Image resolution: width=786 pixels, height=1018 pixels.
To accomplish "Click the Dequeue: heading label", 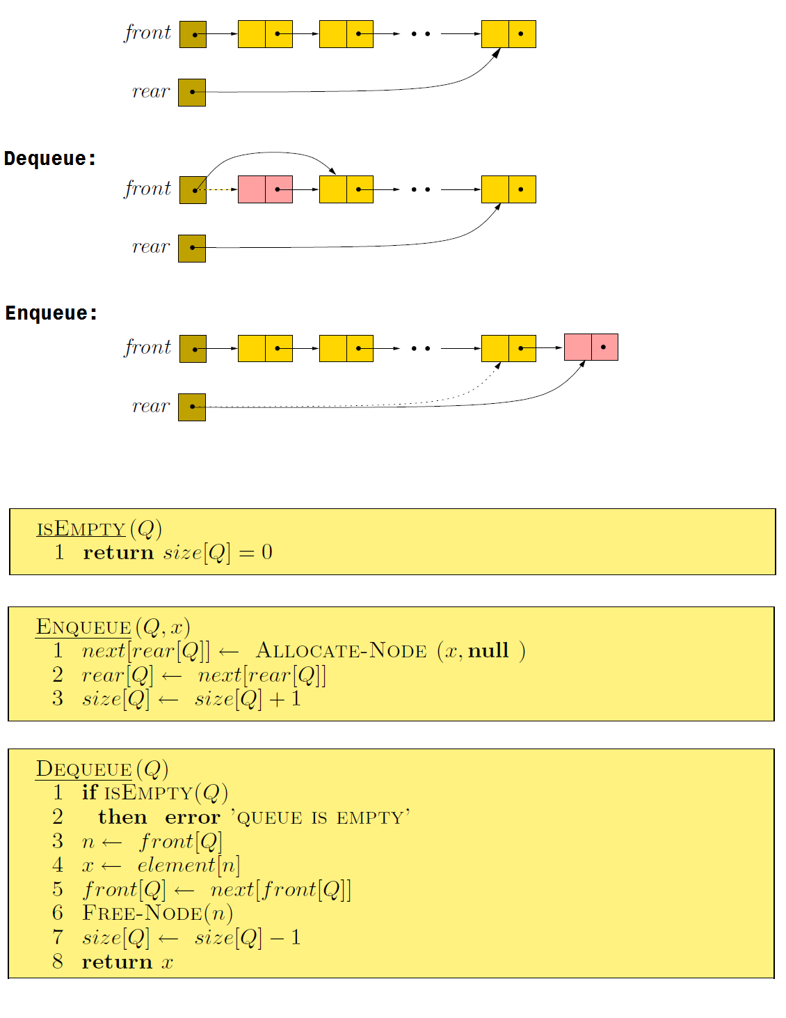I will click(49, 159).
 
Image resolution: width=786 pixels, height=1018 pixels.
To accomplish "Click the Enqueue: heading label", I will click(51, 313).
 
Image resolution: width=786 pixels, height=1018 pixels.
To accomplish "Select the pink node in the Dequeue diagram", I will click(265, 189).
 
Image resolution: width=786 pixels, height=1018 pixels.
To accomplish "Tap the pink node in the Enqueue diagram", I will click(591, 347).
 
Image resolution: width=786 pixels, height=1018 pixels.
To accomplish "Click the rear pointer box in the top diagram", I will click(192, 92).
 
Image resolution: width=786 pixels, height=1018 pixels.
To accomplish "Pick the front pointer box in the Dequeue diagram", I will click(193, 189).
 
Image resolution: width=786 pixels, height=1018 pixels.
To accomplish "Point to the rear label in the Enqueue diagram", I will click(151, 406).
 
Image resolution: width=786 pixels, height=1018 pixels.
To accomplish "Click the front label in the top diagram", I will click(147, 33).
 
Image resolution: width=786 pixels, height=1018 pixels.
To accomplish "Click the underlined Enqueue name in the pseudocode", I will click(83, 627).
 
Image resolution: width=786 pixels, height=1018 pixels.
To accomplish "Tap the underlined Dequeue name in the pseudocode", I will click(83, 769).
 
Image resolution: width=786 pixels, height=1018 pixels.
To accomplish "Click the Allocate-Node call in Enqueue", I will click(341, 650).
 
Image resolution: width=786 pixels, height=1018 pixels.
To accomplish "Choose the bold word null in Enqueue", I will click(488, 650).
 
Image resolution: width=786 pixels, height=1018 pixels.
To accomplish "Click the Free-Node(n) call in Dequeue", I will click(157, 913).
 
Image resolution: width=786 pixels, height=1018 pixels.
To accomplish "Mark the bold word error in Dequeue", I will click(193, 817).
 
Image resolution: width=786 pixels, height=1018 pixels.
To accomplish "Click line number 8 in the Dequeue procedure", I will click(58, 962).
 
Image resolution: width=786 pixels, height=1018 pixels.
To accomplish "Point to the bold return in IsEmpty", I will click(118, 553).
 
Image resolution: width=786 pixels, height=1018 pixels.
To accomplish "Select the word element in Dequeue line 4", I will click(177, 865).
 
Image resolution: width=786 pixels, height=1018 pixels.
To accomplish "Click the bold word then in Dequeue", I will click(122, 817).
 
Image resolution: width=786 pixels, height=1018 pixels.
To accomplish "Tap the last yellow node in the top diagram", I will click(508, 34).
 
